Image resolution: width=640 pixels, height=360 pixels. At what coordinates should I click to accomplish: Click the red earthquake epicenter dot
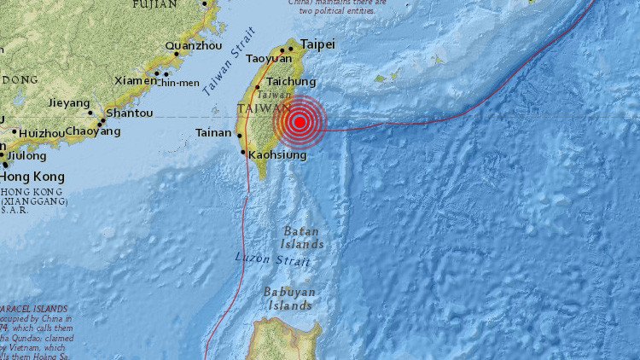(300, 122)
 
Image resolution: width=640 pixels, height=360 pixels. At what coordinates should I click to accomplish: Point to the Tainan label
(213, 132)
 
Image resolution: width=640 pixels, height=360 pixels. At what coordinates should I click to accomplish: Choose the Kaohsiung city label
(278, 154)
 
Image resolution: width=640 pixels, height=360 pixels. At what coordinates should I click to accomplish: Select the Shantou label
(129, 113)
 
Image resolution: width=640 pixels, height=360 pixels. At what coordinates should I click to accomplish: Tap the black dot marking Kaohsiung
(244, 153)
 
